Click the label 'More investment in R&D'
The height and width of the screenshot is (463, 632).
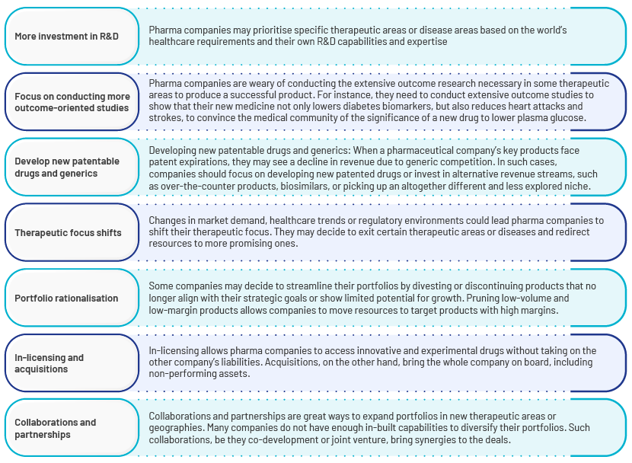pyautogui.click(x=66, y=37)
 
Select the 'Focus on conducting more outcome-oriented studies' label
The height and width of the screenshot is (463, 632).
pyautogui.click(x=72, y=102)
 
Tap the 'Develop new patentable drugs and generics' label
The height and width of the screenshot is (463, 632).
pyautogui.click(x=67, y=168)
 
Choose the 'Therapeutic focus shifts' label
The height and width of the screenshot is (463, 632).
pyautogui.click(x=68, y=233)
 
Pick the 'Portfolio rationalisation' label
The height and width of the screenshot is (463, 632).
pyautogui.click(x=66, y=299)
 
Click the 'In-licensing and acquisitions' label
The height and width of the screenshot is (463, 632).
pyautogui.click(x=49, y=363)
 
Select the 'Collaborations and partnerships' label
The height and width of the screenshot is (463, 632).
pyautogui.click(x=56, y=428)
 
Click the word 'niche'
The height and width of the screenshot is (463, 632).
pyautogui.click(x=579, y=187)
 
